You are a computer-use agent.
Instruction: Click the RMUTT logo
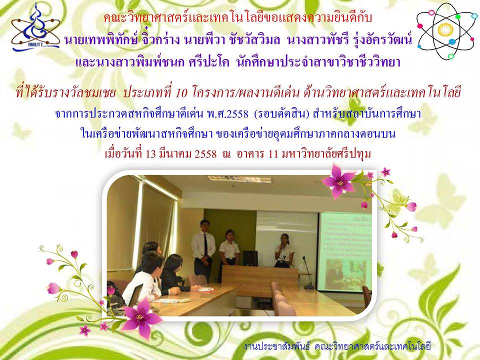click(x=35, y=27)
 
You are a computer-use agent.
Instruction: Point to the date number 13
click(x=150, y=153)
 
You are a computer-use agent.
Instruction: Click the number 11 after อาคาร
click(x=273, y=153)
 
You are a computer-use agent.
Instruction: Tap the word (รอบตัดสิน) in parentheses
click(x=280, y=114)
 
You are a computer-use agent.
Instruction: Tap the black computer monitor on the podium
click(x=250, y=258)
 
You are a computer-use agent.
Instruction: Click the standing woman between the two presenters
click(x=229, y=254)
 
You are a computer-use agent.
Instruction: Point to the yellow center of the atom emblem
click(x=445, y=29)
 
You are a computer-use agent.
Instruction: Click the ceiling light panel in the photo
click(x=239, y=179)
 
